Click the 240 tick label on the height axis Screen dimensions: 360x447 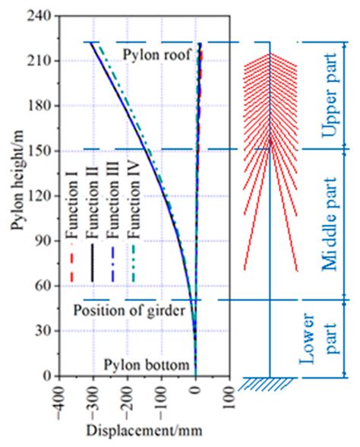point(39,17)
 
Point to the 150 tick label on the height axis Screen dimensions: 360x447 point(39,151)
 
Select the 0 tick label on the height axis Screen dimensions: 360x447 point(48,376)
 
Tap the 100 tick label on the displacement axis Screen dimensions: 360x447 point(229,398)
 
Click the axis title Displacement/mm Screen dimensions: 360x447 point(144,430)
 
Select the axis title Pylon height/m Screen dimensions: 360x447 point(17,180)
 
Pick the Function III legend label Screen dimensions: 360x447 point(113,199)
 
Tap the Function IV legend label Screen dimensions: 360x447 point(134,200)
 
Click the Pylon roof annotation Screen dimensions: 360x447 point(156,54)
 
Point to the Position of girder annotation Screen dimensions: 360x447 point(130,310)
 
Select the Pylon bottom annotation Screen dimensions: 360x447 point(147,365)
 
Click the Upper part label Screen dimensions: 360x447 point(330,95)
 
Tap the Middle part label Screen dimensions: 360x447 point(330,223)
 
